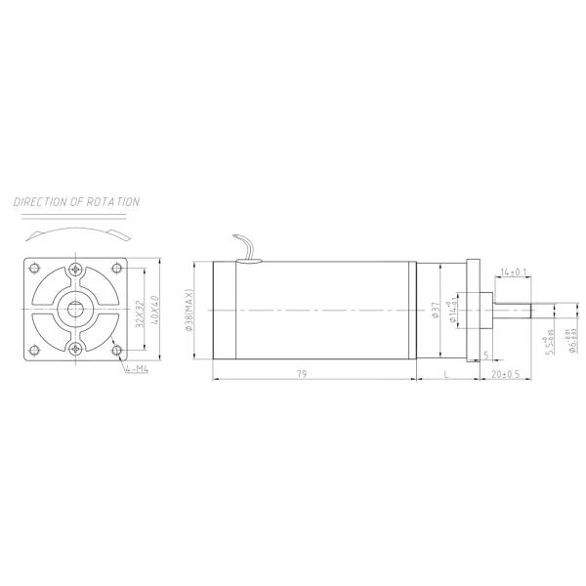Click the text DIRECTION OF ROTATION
coord(76,202)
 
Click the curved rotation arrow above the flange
coord(76,232)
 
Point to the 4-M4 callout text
coord(137,369)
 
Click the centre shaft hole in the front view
coord(76,309)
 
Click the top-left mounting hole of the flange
coord(35,269)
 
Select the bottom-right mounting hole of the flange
coord(116,350)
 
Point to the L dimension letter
coord(445,374)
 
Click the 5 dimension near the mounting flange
coord(485,355)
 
